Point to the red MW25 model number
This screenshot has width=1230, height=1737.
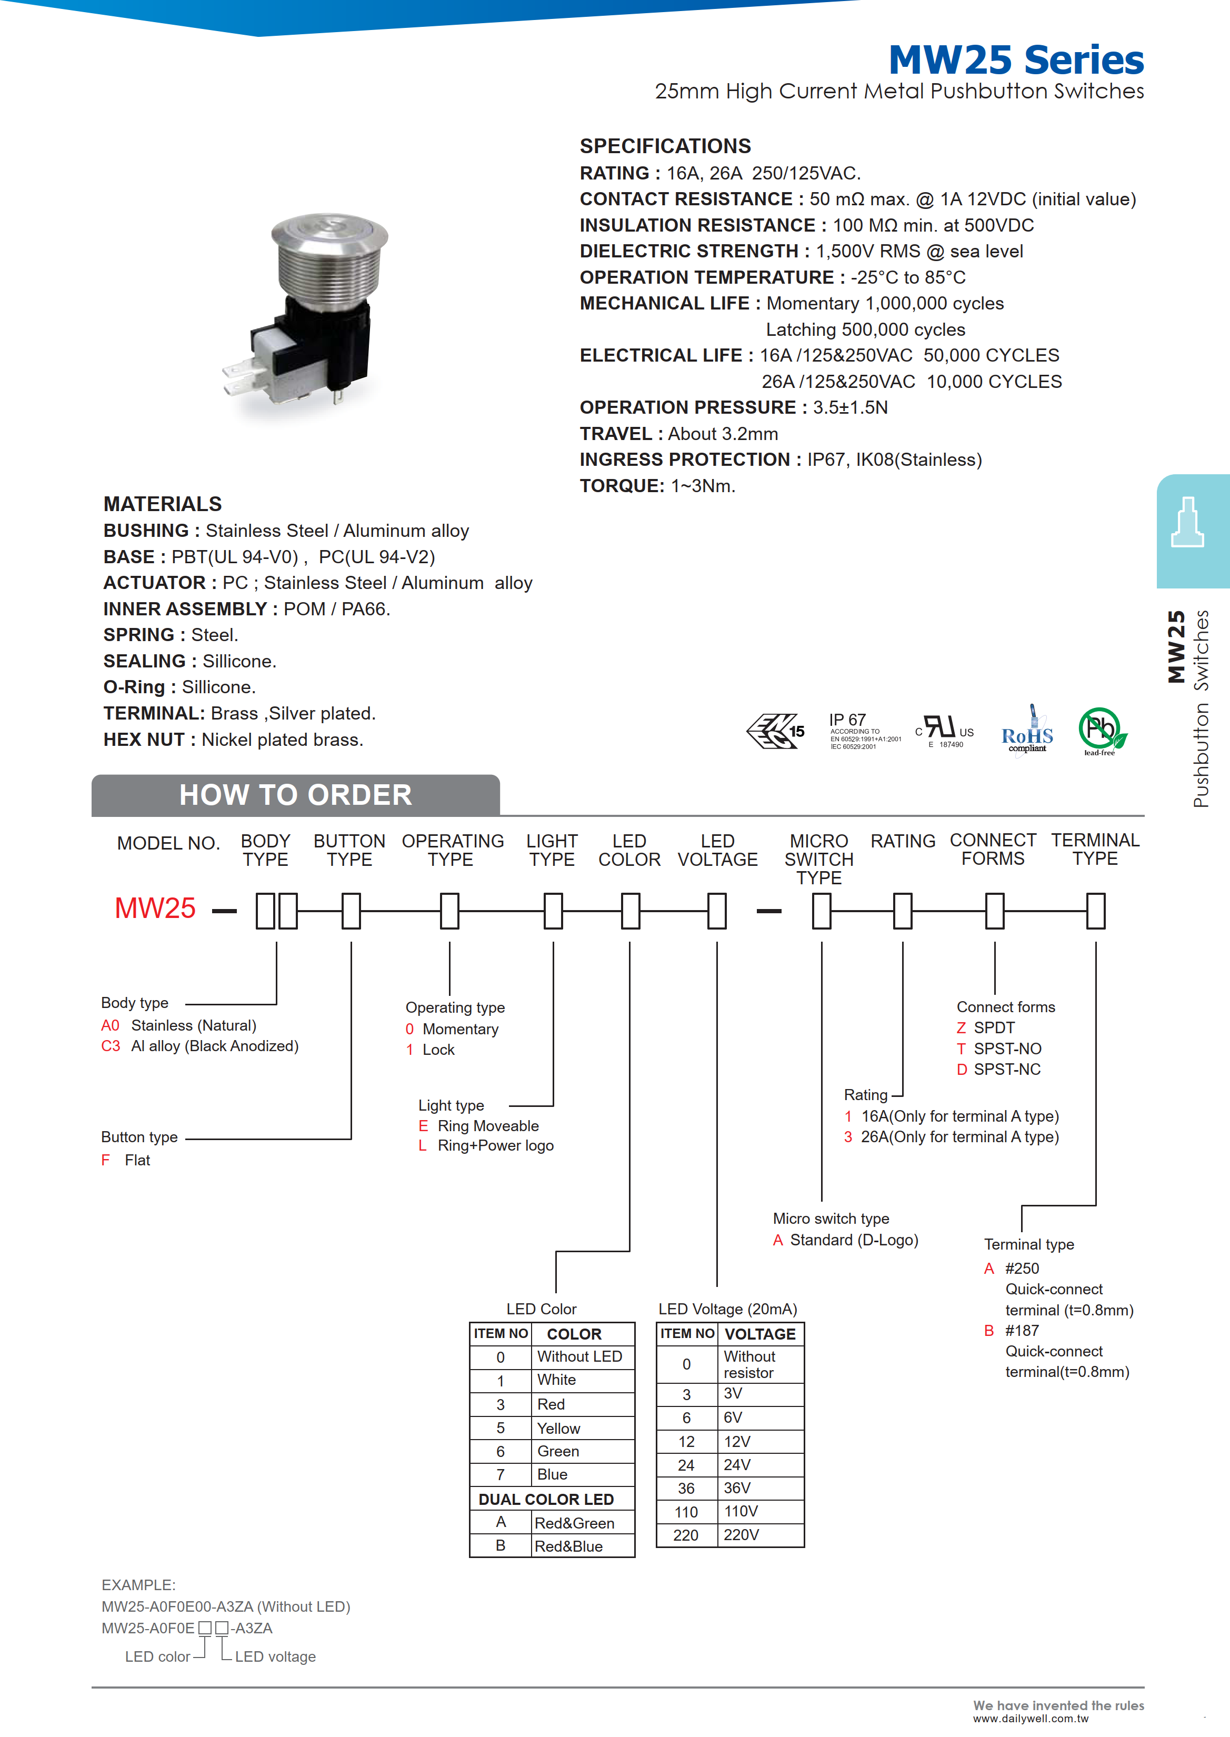tap(155, 909)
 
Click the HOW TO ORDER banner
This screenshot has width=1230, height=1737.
tap(295, 795)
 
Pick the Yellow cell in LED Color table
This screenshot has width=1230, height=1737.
tap(558, 1429)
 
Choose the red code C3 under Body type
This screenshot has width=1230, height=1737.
tap(111, 1046)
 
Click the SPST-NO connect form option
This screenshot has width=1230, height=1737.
tap(1007, 1049)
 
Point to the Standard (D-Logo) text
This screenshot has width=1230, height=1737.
tap(854, 1240)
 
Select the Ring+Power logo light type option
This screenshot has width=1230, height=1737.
tap(495, 1146)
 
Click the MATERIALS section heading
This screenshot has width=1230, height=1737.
tap(163, 504)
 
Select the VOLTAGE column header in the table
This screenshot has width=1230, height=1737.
tap(759, 1334)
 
